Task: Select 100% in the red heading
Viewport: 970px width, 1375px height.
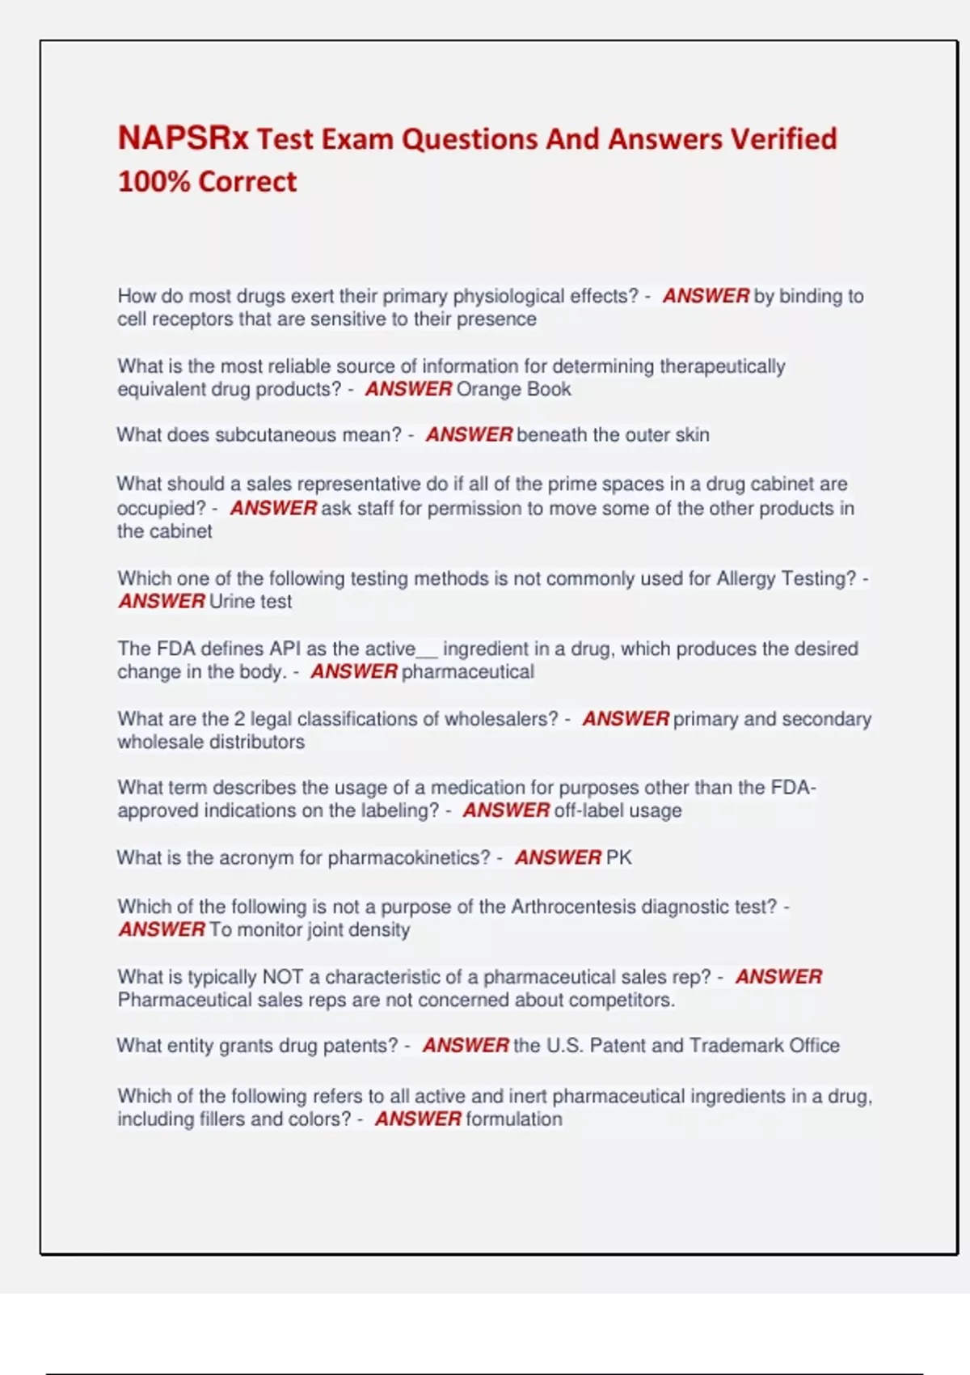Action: (154, 181)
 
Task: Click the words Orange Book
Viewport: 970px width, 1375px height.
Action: (513, 389)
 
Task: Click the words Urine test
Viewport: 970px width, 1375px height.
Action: (250, 602)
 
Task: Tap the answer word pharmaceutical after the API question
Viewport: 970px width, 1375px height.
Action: (467, 672)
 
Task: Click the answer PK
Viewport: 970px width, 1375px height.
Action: (618, 857)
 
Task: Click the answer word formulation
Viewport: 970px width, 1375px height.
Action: (514, 1119)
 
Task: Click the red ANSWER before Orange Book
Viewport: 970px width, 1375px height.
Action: (408, 389)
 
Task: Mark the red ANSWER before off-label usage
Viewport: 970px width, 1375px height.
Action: (506, 810)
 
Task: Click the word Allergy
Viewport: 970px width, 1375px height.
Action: (745, 579)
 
